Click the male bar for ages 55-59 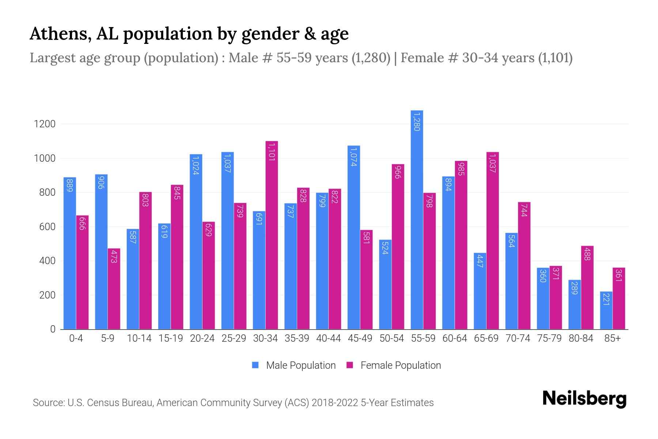(x=417, y=219)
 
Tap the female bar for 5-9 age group (x=114, y=289)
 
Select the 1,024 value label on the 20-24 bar (x=196, y=165)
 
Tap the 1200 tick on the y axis (x=45, y=124)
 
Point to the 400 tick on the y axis (x=47, y=261)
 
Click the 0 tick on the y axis (x=53, y=329)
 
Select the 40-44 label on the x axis (x=328, y=338)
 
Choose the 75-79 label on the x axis (x=549, y=338)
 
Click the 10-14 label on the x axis (x=139, y=338)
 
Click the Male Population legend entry (x=300, y=365)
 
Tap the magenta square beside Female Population (x=350, y=365)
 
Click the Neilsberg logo (x=584, y=399)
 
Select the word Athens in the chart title (x=58, y=34)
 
